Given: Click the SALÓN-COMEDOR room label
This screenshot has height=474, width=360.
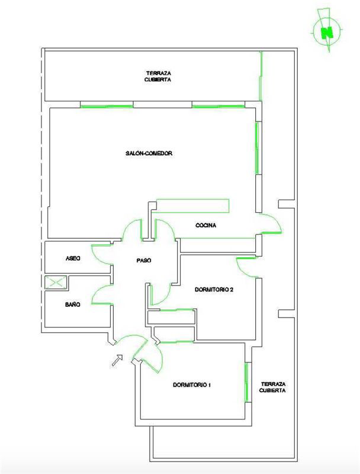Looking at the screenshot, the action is click(149, 153).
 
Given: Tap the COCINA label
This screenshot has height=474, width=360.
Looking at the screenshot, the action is click(205, 225).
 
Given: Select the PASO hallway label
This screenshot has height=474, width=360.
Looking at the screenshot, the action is click(144, 260).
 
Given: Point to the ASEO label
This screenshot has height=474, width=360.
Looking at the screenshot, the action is click(73, 258).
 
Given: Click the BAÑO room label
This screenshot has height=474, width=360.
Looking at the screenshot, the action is click(73, 305).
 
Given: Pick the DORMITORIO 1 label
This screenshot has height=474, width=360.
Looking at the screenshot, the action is click(192, 385).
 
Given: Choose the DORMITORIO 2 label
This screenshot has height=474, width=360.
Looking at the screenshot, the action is click(214, 289).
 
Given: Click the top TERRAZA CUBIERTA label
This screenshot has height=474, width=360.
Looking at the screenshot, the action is click(158, 76).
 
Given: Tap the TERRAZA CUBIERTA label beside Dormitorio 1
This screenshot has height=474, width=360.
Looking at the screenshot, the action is click(273, 387).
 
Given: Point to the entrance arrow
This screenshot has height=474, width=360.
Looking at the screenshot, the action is click(117, 360).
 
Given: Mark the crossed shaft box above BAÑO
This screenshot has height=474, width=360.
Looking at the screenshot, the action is click(56, 283).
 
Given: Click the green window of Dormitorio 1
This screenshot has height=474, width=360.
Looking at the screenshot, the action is click(247, 382).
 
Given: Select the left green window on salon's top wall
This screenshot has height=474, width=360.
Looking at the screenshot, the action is click(107, 107).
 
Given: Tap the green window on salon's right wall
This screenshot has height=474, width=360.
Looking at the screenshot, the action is click(258, 148).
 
